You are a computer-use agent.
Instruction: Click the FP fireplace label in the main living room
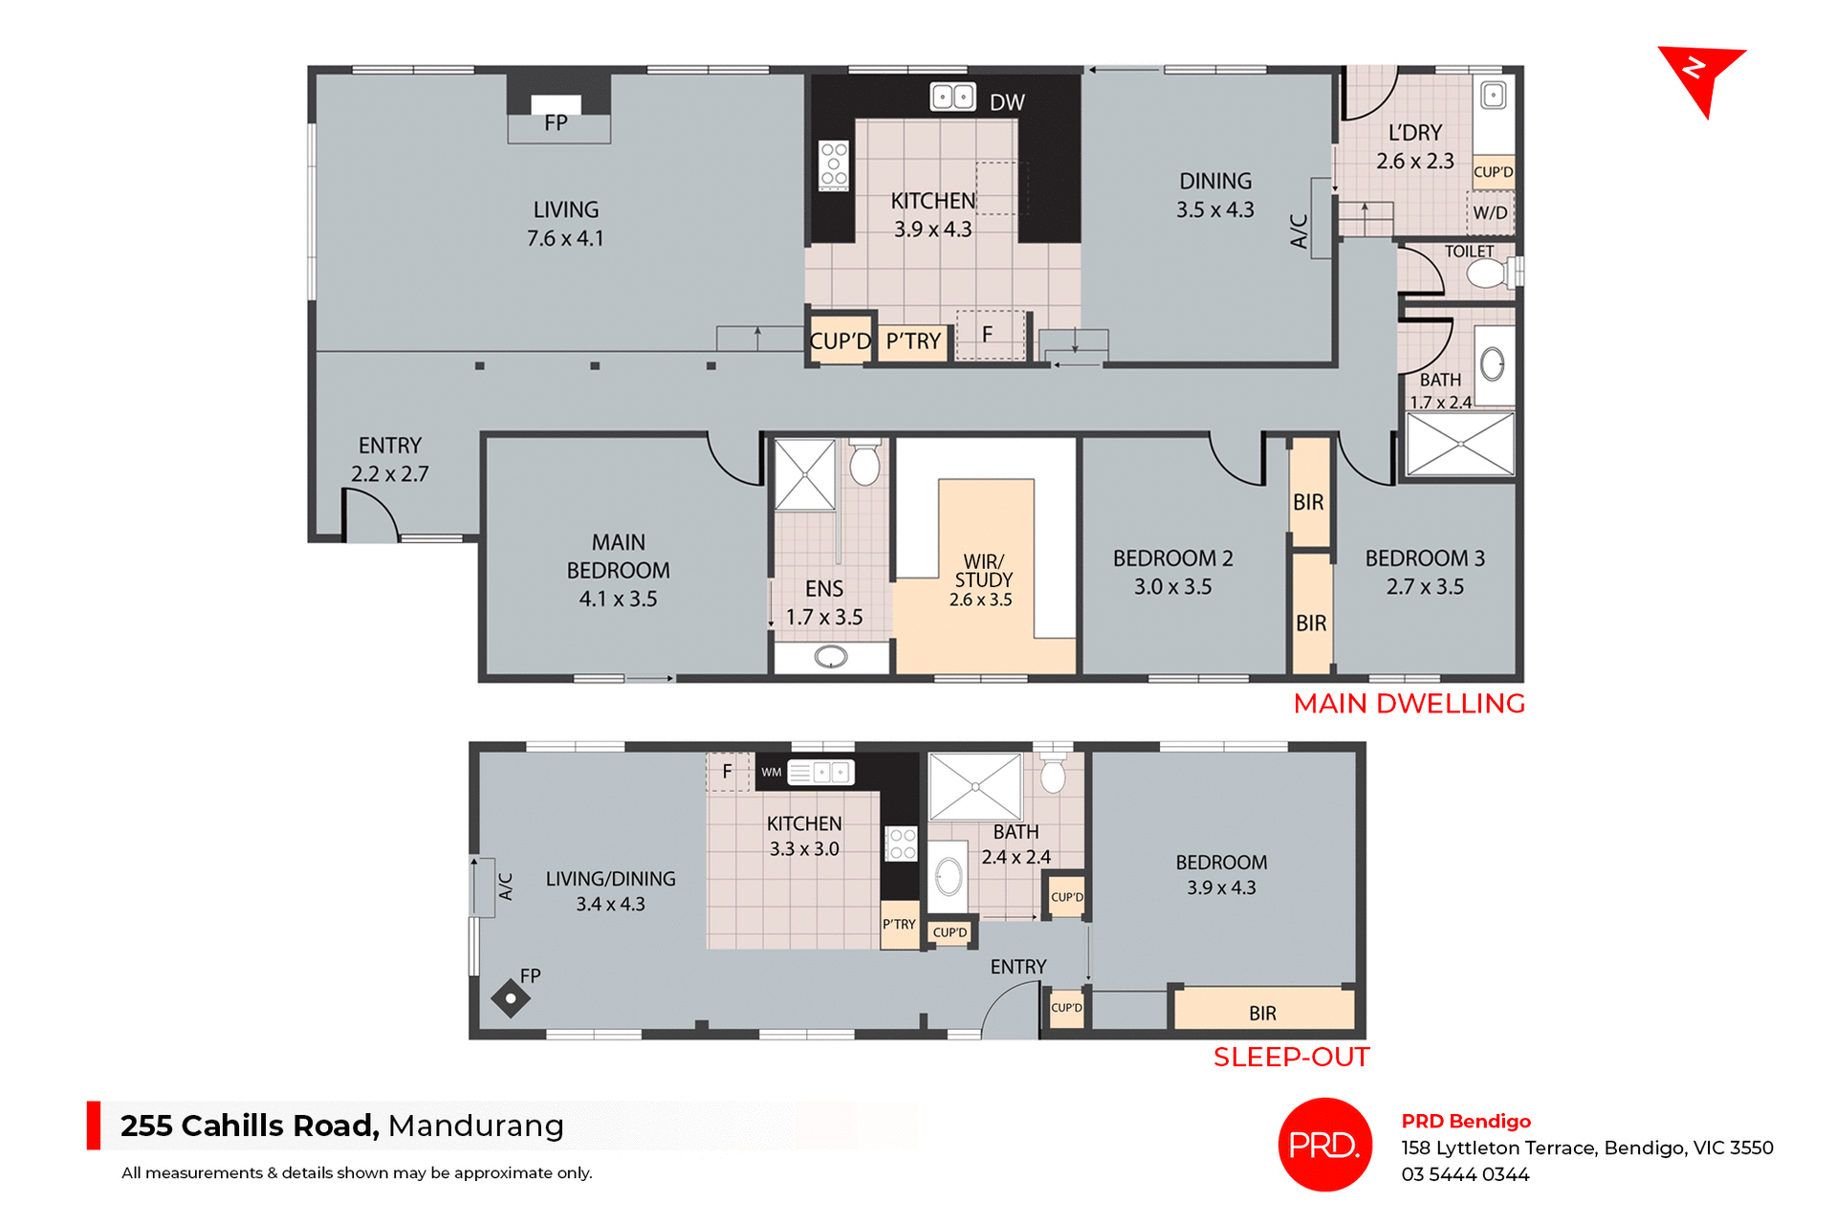556,123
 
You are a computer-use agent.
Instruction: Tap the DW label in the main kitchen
1007,102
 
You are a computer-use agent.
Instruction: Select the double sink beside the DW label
952,97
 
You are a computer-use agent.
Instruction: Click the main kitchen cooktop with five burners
834,164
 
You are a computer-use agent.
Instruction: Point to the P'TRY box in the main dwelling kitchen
913,341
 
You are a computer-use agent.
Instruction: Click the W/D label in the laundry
1490,213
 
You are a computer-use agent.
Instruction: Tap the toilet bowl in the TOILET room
1485,274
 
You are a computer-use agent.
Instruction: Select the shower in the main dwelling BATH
1460,444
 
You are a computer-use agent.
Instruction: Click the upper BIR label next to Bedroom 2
1308,502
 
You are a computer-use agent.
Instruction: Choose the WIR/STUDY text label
983,571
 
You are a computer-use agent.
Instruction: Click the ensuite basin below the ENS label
831,657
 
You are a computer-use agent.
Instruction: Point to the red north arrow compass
1700,76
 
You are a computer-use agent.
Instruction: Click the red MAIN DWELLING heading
1409,704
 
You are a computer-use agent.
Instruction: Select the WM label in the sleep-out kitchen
772,772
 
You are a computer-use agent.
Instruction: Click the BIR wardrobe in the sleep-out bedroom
1262,1012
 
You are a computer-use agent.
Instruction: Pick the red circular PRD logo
1324,1145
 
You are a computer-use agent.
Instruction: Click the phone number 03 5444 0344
1465,1174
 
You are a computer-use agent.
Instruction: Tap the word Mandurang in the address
475,1126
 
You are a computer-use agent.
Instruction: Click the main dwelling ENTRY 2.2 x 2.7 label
389,459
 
